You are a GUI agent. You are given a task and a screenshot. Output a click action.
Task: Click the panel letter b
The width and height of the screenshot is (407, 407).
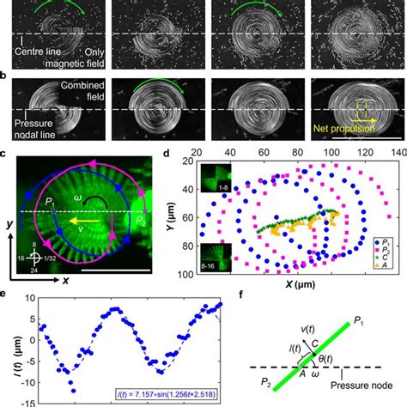6,76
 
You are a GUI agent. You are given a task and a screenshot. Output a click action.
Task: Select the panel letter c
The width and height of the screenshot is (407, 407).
6,155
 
